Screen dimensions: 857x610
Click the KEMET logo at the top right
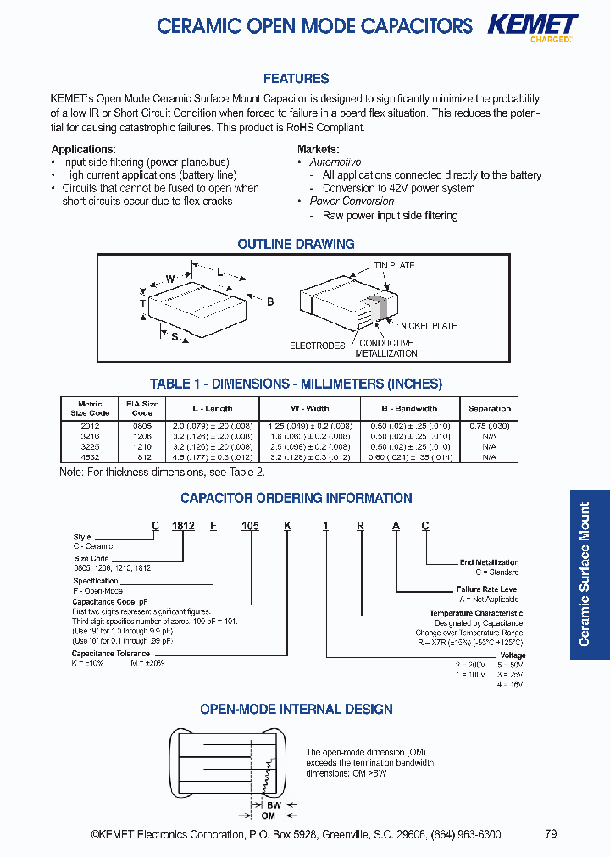(532, 25)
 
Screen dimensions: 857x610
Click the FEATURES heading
(296, 79)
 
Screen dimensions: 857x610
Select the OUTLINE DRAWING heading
(296, 244)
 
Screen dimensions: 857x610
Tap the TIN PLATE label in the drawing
(395, 265)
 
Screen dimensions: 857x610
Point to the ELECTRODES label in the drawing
(318, 346)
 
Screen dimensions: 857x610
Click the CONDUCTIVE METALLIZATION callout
(386, 348)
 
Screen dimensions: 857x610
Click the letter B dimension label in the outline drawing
(270, 301)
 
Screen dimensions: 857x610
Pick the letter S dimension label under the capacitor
(175, 337)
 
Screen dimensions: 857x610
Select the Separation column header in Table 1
(489, 408)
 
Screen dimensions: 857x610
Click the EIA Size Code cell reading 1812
(142, 457)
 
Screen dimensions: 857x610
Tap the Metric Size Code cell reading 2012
(90, 426)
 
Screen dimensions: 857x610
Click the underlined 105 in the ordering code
(250, 526)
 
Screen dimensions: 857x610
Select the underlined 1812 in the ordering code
(183, 526)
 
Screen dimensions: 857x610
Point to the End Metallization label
(489, 562)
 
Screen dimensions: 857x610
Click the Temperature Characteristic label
(475, 613)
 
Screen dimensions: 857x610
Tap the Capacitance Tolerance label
(111, 654)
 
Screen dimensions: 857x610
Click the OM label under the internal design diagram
(269, 816)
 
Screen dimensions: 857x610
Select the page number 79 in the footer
(551, 834)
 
